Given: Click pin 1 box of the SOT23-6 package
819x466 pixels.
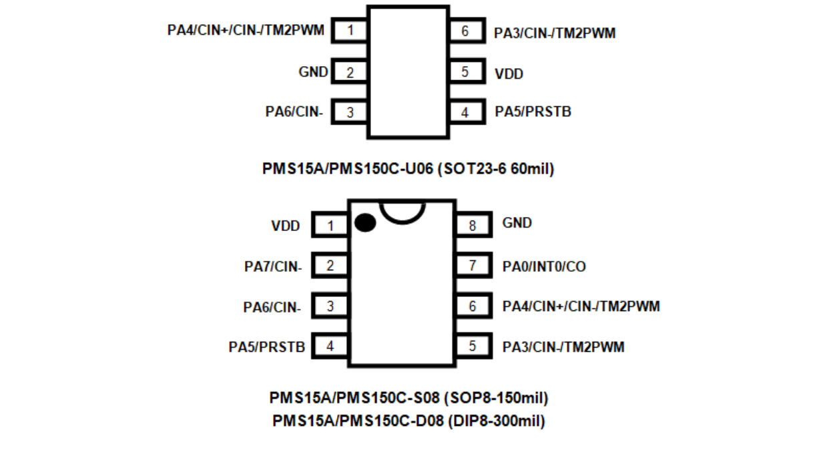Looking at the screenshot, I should click(350, 31).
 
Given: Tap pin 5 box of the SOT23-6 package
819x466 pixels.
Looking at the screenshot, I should click(465, 72).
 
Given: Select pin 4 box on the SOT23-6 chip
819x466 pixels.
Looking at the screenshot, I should click(465, 112).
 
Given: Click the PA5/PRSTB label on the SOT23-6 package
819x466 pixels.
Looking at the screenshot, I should click(533, 112).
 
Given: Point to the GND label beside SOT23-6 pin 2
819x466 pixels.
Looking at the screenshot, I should click(313, 72).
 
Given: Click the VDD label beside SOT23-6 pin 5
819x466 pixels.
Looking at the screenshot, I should click(509, 73).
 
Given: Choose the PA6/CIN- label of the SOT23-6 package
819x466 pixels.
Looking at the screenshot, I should click(294, 112).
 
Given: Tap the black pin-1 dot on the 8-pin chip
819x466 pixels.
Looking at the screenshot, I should click(364, 223).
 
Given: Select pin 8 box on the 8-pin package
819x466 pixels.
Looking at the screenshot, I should click(473, 225).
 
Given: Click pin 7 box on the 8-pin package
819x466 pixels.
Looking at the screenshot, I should click(473, 266).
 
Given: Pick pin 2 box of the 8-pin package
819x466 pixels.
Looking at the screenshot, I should click(330, 266).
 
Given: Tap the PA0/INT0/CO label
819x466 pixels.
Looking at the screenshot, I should click(544, 266).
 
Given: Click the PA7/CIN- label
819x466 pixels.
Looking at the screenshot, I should click(273, 268).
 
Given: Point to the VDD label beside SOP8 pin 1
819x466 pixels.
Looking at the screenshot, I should click(286, 226).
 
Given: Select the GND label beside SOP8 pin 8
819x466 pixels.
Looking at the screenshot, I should click(517, 223).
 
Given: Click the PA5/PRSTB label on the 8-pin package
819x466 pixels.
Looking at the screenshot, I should click(267, 347).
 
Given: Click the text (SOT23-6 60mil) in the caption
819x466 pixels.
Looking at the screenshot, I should click(496, 169).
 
